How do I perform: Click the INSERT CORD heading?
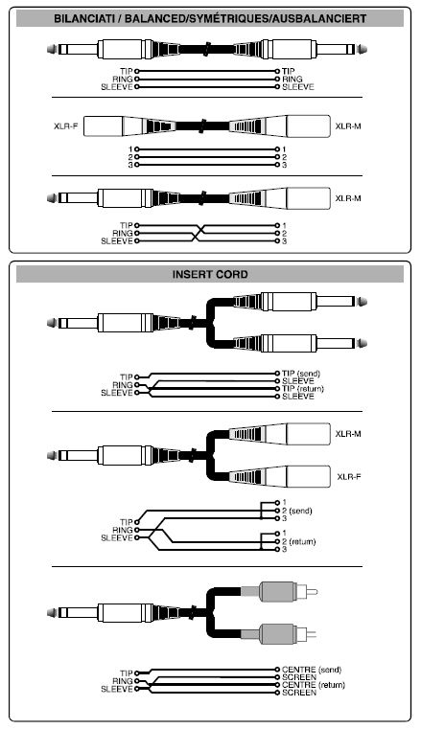(x=210, y=274)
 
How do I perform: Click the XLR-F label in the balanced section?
(x=65, y=126)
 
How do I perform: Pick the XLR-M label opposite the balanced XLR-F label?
(x=348, y=126)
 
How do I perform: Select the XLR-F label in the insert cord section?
(x=348, y=476)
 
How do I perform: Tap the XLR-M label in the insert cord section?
(x=348, y=434)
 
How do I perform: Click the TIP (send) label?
(x=301, y=374)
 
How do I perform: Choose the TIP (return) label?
(x=303, y=389)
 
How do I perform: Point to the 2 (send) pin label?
(x=296, y=511)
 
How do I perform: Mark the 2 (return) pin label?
(x=298, y=541)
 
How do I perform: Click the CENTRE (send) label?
(x=312, y=670)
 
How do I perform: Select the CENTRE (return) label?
(x=314, y=685)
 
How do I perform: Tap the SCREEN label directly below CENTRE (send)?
(x=299, y=677)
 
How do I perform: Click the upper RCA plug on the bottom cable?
(x=279, y=591)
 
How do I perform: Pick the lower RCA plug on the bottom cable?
(x=279, y=634)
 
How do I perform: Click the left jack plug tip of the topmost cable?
(x=52, y=49)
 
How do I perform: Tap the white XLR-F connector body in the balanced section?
(x=104, y=126)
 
